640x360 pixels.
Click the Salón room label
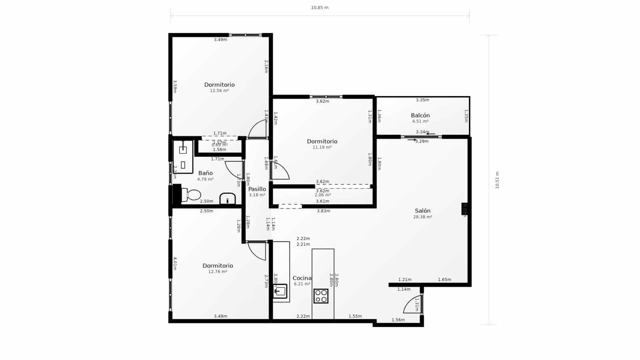422,211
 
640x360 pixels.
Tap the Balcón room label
420,116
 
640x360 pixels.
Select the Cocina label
302,278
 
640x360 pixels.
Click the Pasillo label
257,189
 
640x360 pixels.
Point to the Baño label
205,173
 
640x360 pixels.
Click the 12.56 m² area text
219,91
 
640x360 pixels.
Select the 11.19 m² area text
322,147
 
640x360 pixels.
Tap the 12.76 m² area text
218,272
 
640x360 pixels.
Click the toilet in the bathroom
192,195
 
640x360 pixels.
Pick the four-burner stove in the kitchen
321,296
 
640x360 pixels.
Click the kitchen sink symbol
280,291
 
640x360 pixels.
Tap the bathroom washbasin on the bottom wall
228,199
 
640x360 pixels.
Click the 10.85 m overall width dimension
320,8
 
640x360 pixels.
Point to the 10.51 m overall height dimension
497,180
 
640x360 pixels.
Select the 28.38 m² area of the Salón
422,217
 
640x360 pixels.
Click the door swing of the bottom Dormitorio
257,251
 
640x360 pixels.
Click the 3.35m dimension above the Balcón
422,100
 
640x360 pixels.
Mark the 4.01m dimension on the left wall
175,263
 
